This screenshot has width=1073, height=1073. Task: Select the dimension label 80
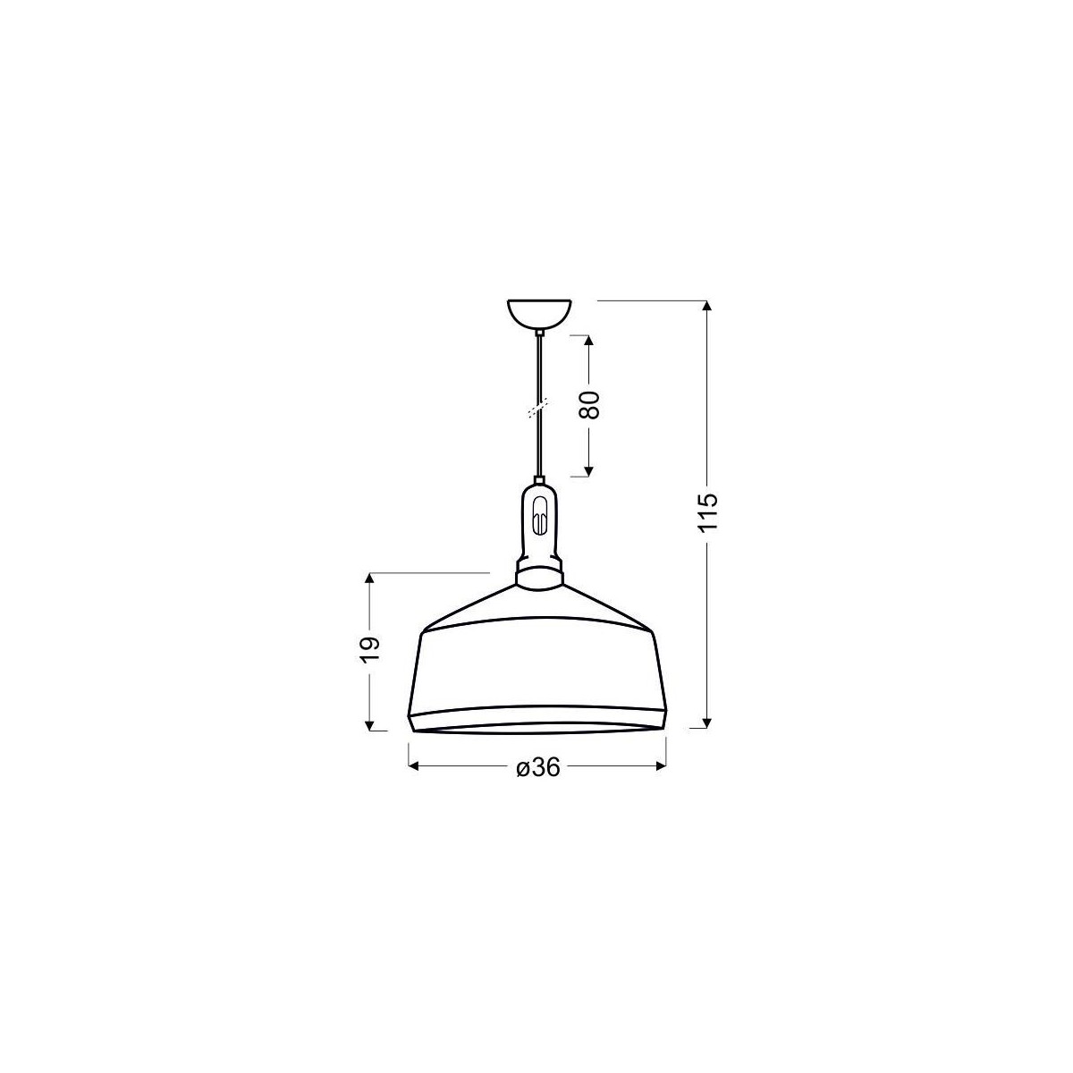[x=587, y=406]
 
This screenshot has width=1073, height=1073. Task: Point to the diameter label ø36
[x=536, y=767]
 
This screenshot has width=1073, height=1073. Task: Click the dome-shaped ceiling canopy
[x=539, y=314]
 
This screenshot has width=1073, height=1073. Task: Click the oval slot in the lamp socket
[x=538, y=518]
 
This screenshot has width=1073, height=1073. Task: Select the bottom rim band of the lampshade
[x=536, y=719]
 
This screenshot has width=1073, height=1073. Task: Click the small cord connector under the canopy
[x=539, y=334]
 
